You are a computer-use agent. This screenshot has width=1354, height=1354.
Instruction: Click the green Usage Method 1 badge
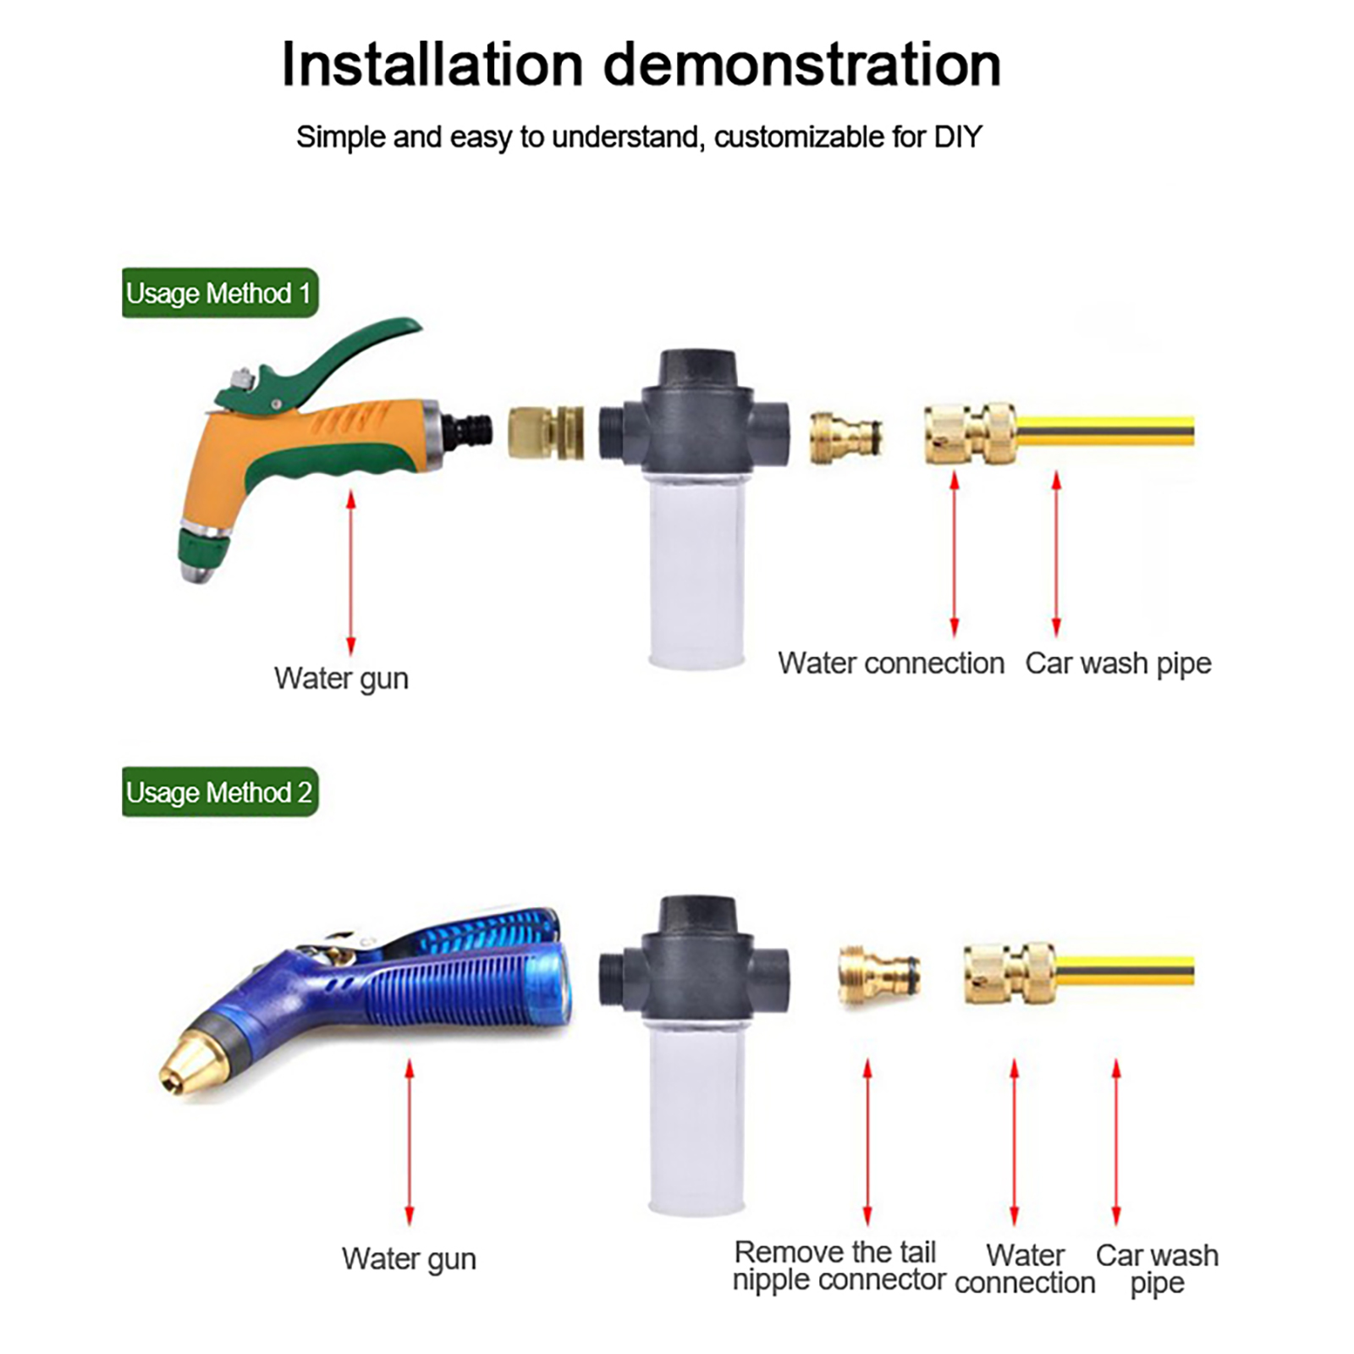pyautogui.click(x=220, y=293)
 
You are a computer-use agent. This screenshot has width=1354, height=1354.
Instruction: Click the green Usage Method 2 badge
pyautogui.click(x=220, y=792)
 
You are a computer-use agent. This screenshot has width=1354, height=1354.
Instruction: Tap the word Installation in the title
pyautogui.click(x=432, y=64)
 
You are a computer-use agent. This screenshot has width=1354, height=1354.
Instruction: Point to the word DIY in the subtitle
pyautogui.click(x=957, y=136)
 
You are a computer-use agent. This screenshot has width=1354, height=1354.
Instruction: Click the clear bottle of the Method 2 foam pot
pyautogui.click(x=696, y=1114)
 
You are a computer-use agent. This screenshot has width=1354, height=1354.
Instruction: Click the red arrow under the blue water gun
pyautogui.click(x=410, y=1142)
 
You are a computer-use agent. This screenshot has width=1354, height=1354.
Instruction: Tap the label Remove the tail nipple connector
pyautogui.click(x=839, y=1265)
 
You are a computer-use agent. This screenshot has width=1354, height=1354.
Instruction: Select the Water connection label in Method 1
pyautogui.click(x=891, y=663)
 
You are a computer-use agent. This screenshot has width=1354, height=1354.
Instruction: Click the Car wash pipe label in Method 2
pyautogui.click(x=1157, y=1269)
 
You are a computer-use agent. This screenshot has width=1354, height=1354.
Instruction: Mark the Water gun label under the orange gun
pyautogui.click(x=341, y=679)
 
